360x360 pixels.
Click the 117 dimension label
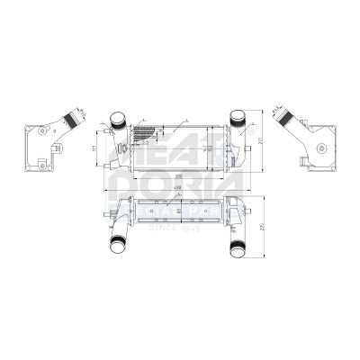click(x=95, y=147)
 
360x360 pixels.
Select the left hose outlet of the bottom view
click(x=117, y=241)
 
